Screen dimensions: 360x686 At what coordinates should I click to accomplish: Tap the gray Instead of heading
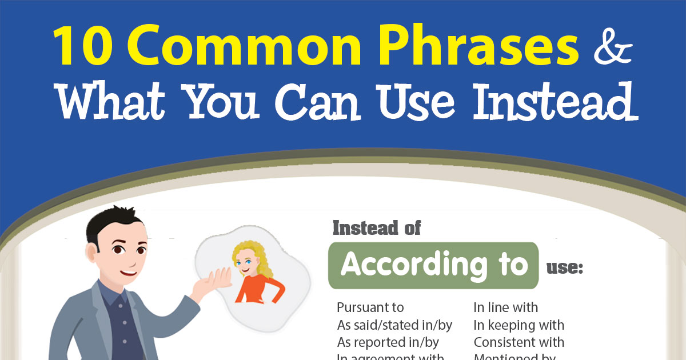pyautogui.click(x=376, y=228)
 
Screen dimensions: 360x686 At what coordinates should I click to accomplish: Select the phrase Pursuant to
pyautogui.click(x=370, y=307)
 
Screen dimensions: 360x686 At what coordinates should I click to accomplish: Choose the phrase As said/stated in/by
pyautogui.click(x=394, y=325)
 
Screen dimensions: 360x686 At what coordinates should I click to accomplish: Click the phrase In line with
pyautogui.click(x=505, y=307)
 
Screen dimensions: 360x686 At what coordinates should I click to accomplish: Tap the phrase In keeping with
pyautogui.click(x=519, y=325)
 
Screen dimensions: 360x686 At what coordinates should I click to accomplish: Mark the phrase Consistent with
pyautogui.click(x=519, y=342)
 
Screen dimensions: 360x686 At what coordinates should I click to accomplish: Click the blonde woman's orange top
pyautogui.click(x=257, y=289)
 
